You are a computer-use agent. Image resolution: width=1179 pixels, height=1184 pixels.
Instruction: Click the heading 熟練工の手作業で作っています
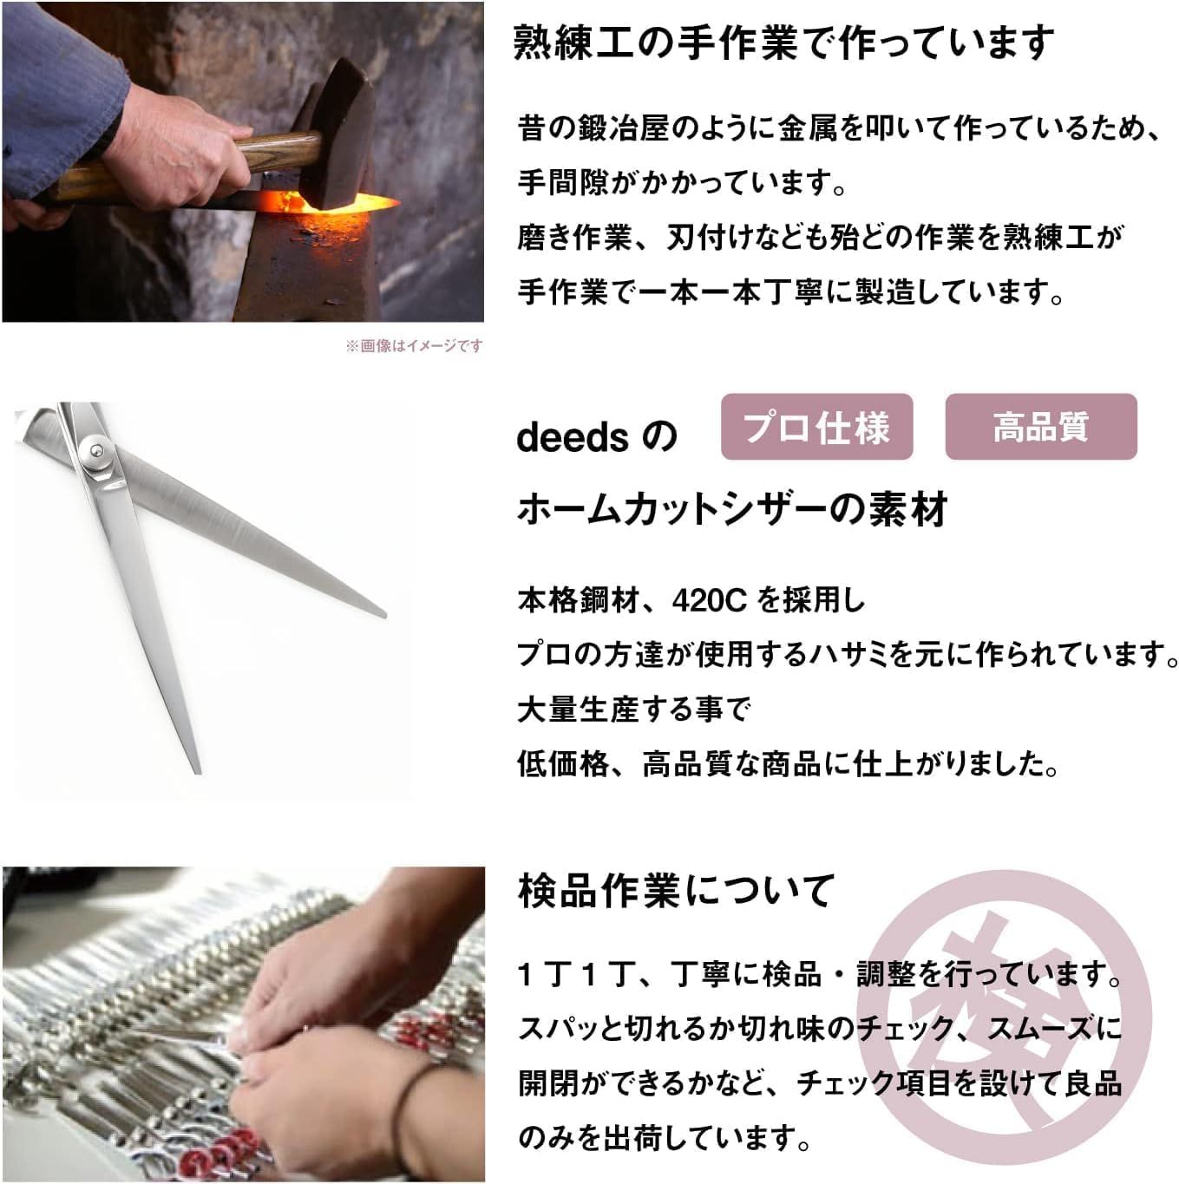pos(783,43)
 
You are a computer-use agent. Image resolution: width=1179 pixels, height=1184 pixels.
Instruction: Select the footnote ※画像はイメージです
pos(414,346)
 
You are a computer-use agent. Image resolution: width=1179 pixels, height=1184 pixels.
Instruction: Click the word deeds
pos(572,437)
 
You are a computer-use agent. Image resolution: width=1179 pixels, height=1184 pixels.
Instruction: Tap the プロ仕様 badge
pos(816,427)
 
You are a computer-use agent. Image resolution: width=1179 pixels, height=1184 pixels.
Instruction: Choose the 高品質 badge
pos(1040,427)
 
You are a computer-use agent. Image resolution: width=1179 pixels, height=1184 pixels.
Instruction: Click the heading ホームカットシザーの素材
pos(731,509)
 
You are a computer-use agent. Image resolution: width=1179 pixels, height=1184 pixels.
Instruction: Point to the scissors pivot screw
pos(95,449)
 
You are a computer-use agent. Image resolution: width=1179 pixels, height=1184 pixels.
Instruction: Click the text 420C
pos(709,599)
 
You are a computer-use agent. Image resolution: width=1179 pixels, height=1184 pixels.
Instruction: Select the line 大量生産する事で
pos(633,710)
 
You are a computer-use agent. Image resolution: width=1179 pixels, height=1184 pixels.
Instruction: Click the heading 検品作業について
pos(676,891)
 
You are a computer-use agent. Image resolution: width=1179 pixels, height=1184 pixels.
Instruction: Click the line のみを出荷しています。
pos(664,1137)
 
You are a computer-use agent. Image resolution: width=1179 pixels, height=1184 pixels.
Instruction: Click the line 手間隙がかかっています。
pos(682,183)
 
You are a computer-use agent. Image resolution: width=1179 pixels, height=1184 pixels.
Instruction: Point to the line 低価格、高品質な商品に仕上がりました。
pos(787,764)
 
